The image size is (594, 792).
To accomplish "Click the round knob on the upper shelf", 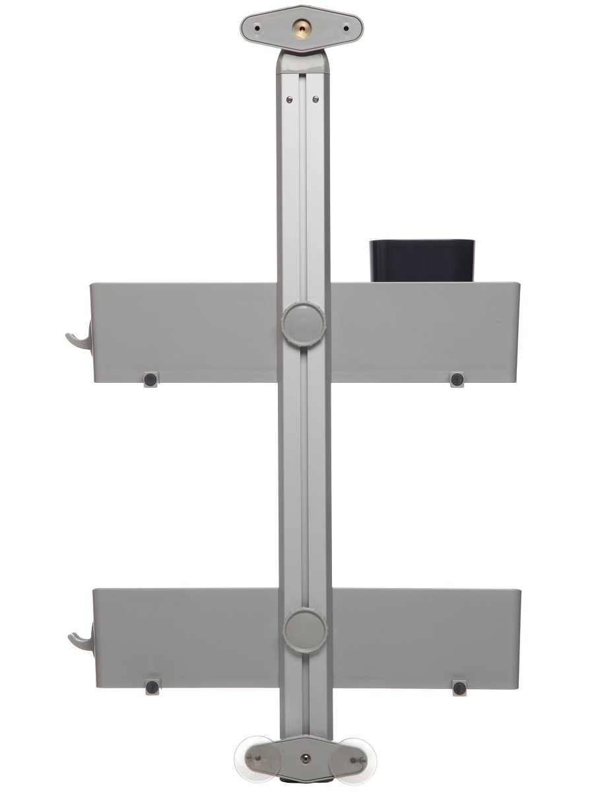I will [x=304, y=323].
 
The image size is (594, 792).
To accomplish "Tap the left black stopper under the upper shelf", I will [x=150, y=379].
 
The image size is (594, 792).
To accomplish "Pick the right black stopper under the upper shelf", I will [x=455, y=379].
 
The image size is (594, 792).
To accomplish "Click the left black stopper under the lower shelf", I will [x=152, y=687].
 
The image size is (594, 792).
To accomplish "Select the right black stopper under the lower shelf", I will [x=459, y=688].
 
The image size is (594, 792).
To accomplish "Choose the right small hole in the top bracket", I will [x=346, y=28].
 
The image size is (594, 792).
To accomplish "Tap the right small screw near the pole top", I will [x=316, y=100].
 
